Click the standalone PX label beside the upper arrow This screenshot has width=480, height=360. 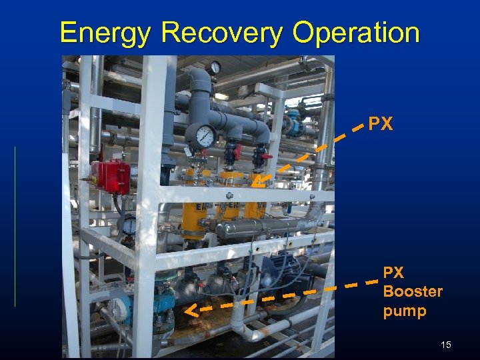pyautogui.click(x=381, y=124)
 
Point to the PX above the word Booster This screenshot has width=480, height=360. pyautogui.click(x=393, y=273)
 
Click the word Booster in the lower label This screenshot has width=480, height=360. pyautogui.click(x=413, y=291)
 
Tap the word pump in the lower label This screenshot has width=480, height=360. pyautogui.click(x=405, y=311)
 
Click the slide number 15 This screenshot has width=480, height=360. pyautogui.click(x=446, y=345)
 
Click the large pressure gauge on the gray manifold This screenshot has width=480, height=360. pyautogui.click(x=205, y=137)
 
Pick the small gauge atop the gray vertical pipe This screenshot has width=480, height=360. pyautogui.click(x=214, y=67)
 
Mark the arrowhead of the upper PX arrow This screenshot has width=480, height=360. pyautogui.click(x=257, y=181)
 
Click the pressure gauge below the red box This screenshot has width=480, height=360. pyautogui.click(x=129, y=225)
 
